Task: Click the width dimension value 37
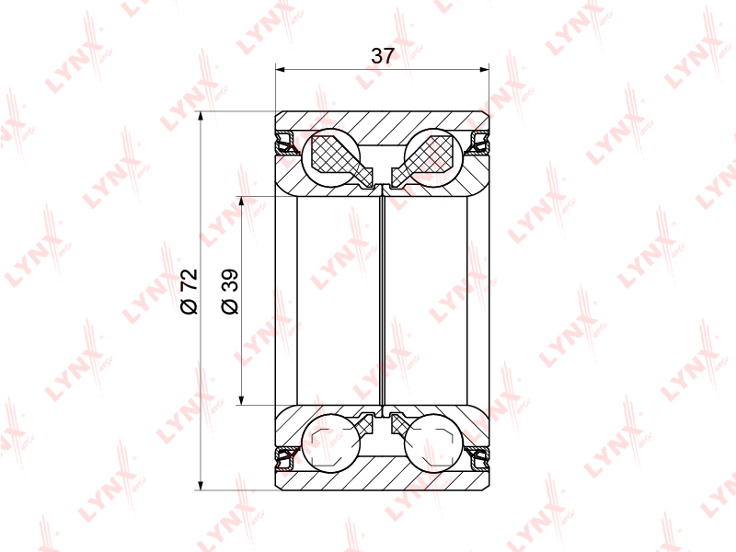(383, 56)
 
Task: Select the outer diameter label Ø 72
(190, 292)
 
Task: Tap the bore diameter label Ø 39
(230, 292)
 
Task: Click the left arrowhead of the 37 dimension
(281, 70)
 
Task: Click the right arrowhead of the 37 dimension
(484, 70)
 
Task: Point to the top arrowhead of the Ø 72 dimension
(201, 117)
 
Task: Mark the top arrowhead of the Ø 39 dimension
(241, 201)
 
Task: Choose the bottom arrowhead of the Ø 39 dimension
(241, 399)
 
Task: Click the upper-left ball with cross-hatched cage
(331, 157)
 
